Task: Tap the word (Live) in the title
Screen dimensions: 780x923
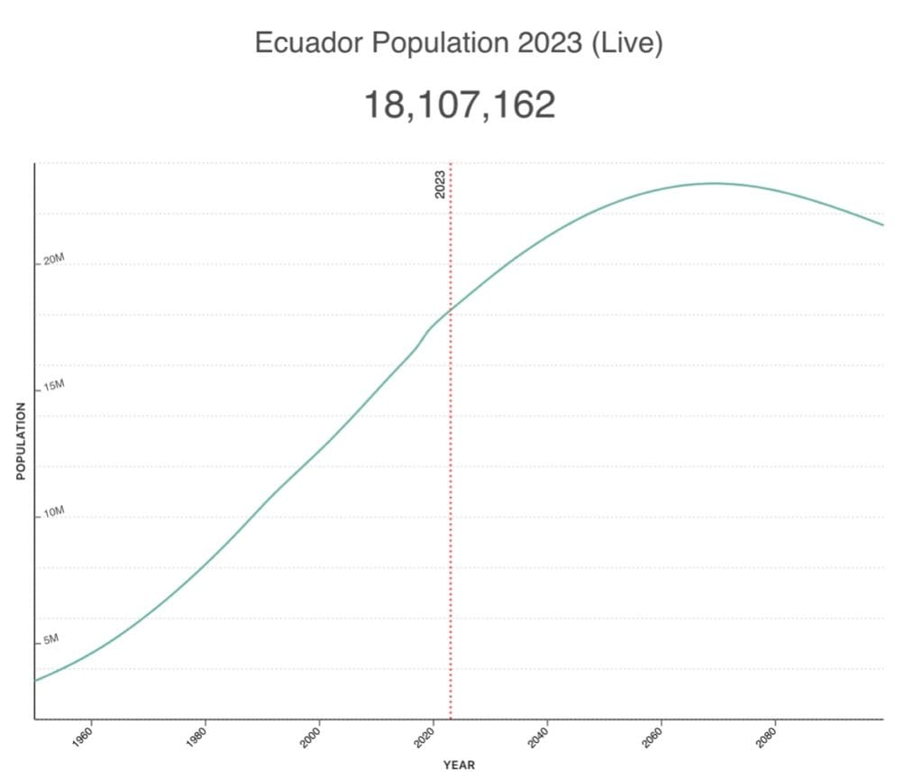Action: tap(627, 43)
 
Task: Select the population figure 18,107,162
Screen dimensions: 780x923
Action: tap(459, 106)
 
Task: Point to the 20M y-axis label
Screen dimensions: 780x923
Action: tap(54, 260)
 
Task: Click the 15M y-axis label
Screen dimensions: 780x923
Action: tap(54, 386)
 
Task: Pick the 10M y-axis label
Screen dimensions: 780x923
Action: tap(54, 512)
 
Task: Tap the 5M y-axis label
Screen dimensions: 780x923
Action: tap(50, 639)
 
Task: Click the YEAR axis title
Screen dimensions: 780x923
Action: tap(459, 766)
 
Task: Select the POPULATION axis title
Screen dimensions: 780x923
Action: tap(20, 441)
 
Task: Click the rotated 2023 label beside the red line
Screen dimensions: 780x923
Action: tap(440, 185)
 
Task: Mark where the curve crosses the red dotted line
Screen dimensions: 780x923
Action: tap(450, 308)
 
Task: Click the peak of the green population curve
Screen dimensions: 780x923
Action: tap(713, 183)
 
